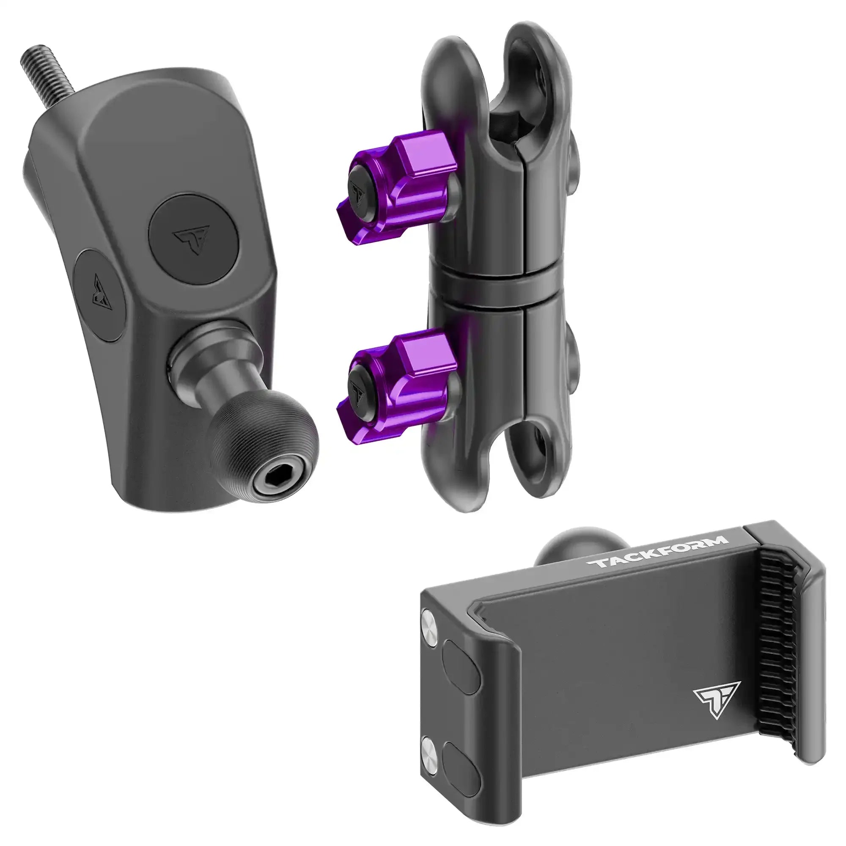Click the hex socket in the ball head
[270, 467]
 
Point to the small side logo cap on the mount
[100, 294]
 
